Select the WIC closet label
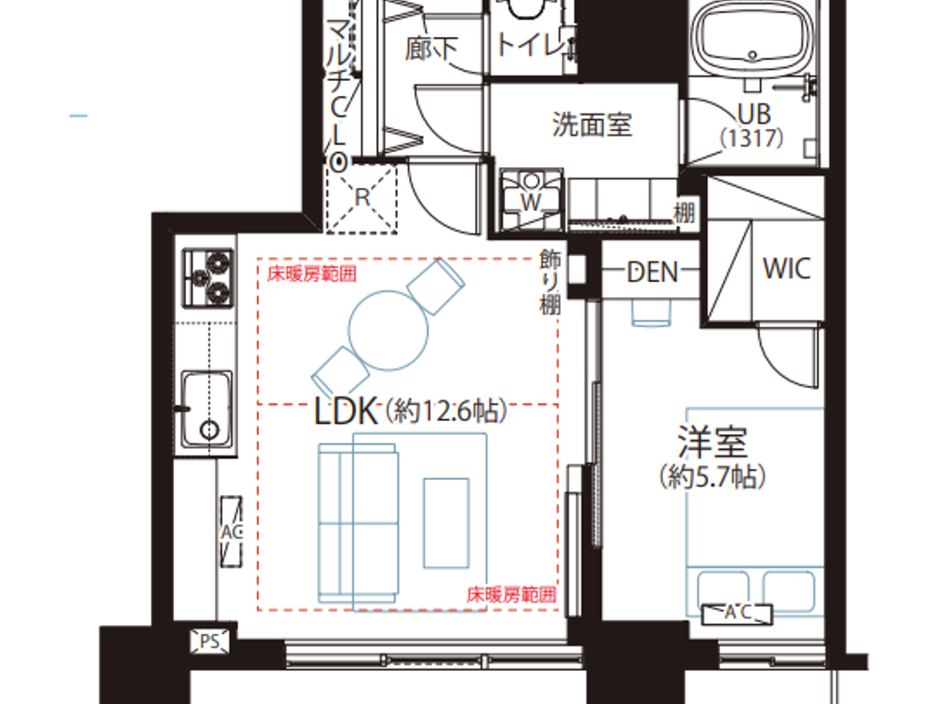(787, 268)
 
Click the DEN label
(652, 272)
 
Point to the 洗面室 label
(592, 125)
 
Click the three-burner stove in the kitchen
(208, 278)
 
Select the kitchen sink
(208, 409)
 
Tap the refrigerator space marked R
(362, 198)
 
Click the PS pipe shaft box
(210, 642)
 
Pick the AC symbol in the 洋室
(737, 613)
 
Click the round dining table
(388, 331)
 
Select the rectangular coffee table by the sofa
(446, 523)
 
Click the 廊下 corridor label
(431, 48)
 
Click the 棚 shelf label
(684, 213)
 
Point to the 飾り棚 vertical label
(550, 282)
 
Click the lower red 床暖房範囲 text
(511, 594)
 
